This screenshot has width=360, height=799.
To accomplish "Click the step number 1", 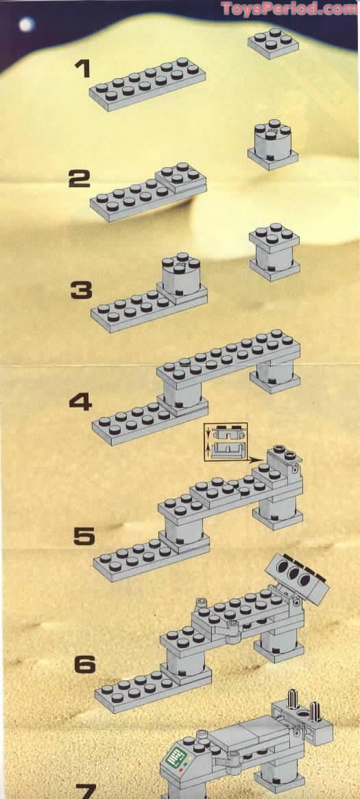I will coord(82,69).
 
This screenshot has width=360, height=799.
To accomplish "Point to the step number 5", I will coord(85,536).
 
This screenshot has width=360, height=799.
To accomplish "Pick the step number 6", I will coord(85,664).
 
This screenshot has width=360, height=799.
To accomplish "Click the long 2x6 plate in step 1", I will coord(147,82).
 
